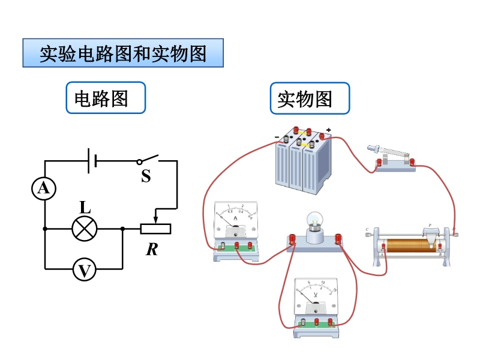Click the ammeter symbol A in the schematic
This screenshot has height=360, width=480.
point(44,189)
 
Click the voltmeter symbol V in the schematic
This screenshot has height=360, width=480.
point(84,271)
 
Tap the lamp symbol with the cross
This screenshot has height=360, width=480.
point(84,229)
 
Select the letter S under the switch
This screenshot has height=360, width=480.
point(146,176)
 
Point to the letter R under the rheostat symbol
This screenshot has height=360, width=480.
point(152,249)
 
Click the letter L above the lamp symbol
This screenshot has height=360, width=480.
point(85,208)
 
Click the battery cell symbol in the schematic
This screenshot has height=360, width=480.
point(92,161)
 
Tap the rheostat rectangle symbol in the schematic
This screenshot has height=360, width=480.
point(156,229)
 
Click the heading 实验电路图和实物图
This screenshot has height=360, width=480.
point(123,53)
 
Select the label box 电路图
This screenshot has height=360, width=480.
point(106,98)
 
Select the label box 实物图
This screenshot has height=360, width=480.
point(310,98)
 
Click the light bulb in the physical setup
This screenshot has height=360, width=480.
point(316,223)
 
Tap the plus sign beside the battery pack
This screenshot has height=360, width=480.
point(329,130)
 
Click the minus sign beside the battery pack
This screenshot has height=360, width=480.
point(277,137)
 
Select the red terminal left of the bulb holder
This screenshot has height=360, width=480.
point(293,239)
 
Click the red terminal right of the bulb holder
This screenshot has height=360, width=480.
point(338,239)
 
